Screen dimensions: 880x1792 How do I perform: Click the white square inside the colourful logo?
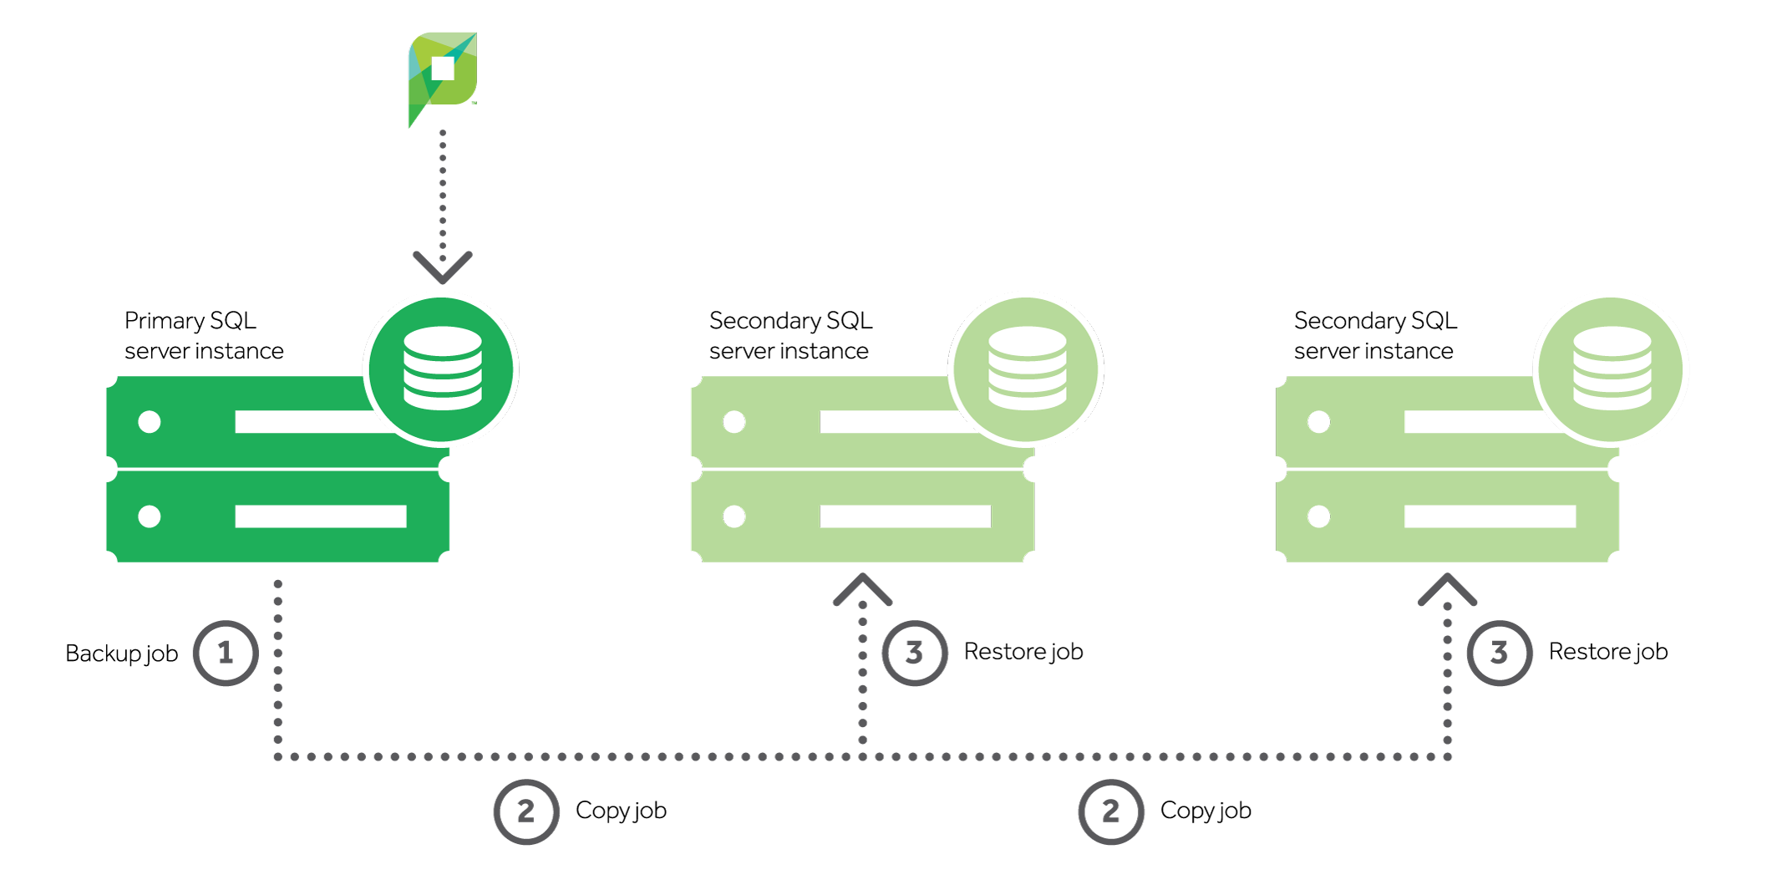pyautogui.click(x=443, y=69)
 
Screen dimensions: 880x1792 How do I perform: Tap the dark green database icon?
pyautogui.click(x=442, y=369)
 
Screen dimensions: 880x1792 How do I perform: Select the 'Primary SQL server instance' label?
pyautogui.click(x=203, y=336)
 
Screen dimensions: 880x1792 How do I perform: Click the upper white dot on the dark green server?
pyautogui.click(x=150, y=422)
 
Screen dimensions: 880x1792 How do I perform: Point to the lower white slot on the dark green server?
pyautogui.click(x=321, y=516)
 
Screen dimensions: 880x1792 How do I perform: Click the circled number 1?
pyautogui.click(x=226, y=653)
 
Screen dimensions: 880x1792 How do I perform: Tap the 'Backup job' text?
pyautogui.click(x=121, y=654)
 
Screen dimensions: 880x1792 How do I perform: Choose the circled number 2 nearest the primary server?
pyautogui.click(x=525, y=811)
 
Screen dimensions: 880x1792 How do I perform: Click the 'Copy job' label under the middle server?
pyautogui.click(x=621, y=811)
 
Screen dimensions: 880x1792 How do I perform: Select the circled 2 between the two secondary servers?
pyautogui.click(x=1110, y=811)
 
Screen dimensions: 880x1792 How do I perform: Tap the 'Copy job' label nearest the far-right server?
pyautogui.click(x=1206, y=811)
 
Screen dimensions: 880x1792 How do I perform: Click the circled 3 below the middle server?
pyautogui.click(x=915, y=653)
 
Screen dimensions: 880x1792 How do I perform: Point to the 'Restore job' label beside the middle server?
pyautogui.click(x=1023, y=652)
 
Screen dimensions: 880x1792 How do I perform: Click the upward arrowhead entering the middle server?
pyautogui.click(x=863, y=589)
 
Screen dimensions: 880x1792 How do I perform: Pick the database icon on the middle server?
pyautogui.click(x=1027, y=369)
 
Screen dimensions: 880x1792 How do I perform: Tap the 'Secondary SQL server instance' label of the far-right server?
pyautogui.click(x=1374, y=336)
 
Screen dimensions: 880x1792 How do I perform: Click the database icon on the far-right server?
pyautogui.click(x=1612, y=369)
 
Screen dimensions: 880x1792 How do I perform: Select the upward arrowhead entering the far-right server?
pyautogui.click(x=1448, y=589)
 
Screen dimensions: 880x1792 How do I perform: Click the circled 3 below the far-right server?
pyautogui.click(x=1500, y=653)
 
